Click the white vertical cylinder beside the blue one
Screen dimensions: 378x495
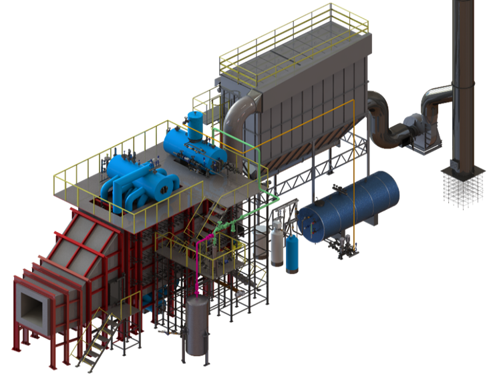click(x=277, y=245)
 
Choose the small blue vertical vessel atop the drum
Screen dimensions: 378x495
click(x=196, y=125)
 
